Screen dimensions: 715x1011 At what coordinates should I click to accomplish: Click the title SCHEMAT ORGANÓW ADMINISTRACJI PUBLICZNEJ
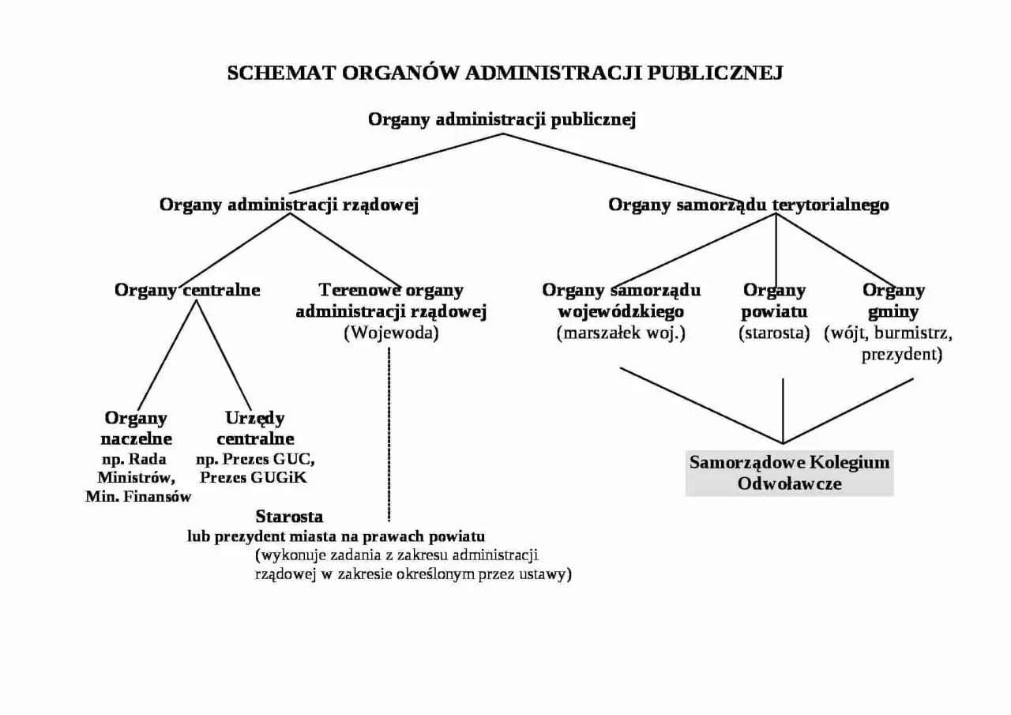[505, 73]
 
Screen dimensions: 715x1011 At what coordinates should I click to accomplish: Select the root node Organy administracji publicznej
[502, 119]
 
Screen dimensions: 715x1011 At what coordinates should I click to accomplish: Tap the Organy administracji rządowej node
[288, 205]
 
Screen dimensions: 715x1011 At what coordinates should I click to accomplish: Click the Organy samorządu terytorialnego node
[748, 205]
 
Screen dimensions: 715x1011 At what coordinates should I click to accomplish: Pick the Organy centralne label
[187, 290]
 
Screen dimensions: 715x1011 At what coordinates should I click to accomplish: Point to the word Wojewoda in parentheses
[391, 333]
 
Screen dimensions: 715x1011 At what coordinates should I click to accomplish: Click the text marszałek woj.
[621, 333]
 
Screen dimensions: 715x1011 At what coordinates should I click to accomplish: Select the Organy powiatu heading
[774, 301]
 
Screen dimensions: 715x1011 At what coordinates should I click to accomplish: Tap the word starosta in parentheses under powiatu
[774, 333]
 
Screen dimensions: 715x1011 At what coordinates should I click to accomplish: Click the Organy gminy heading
[893, 301]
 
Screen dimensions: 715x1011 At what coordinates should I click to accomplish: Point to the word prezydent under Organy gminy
[901, 355]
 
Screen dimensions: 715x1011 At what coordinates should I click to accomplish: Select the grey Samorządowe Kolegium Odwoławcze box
[789, 472]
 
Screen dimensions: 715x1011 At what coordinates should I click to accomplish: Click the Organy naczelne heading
[136, 427]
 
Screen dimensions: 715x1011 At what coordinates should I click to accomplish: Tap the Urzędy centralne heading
[255, 427]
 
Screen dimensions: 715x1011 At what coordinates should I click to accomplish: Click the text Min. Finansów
[138, 497]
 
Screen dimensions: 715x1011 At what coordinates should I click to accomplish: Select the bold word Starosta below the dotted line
[289, 517]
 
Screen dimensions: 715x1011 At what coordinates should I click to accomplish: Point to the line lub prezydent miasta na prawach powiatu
[336, 536]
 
